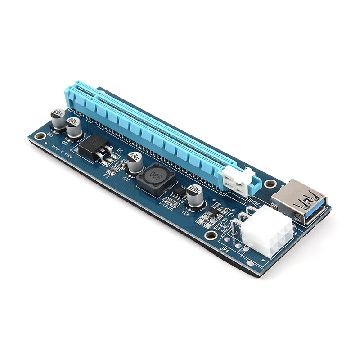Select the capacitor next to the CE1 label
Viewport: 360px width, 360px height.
[74, 127]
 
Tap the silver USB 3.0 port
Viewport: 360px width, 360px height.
[299, 201]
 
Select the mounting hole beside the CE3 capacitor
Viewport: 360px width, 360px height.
[40, 135]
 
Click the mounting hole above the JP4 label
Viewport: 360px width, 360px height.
[210, 234]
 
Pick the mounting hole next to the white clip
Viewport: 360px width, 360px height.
[270, 184]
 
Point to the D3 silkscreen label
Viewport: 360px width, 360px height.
[217, 228]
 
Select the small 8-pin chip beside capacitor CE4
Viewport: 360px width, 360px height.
[179, 192]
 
